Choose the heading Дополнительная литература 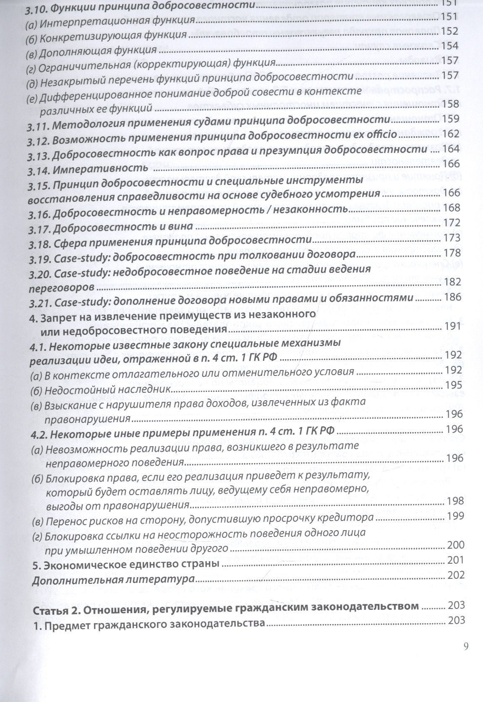[113, 580]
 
